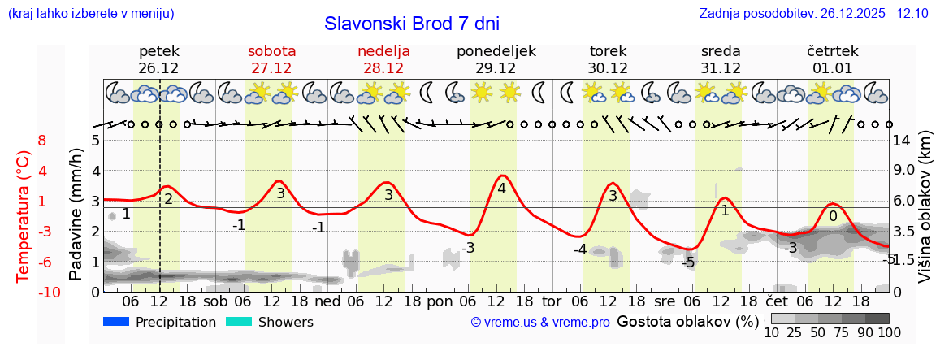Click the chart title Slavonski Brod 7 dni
[x=412, y=24]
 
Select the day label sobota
[x=271, y=51]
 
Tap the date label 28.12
[x=383, y=68]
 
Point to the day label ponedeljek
[x=496, y=51]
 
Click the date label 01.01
[x=832, y=68]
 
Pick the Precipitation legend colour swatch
[x=116, y=322]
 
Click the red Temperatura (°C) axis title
[x=24, y=216]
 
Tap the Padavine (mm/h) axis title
[x=76, y=215]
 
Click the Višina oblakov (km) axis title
[x=925, y=215]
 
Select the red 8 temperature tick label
[x=41, y=140]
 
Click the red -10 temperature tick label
[x=38, y=293]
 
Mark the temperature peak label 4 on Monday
[x=501, y=189]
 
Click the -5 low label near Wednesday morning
[x=688, y=262]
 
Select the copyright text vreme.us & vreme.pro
[x=539, y=323]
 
